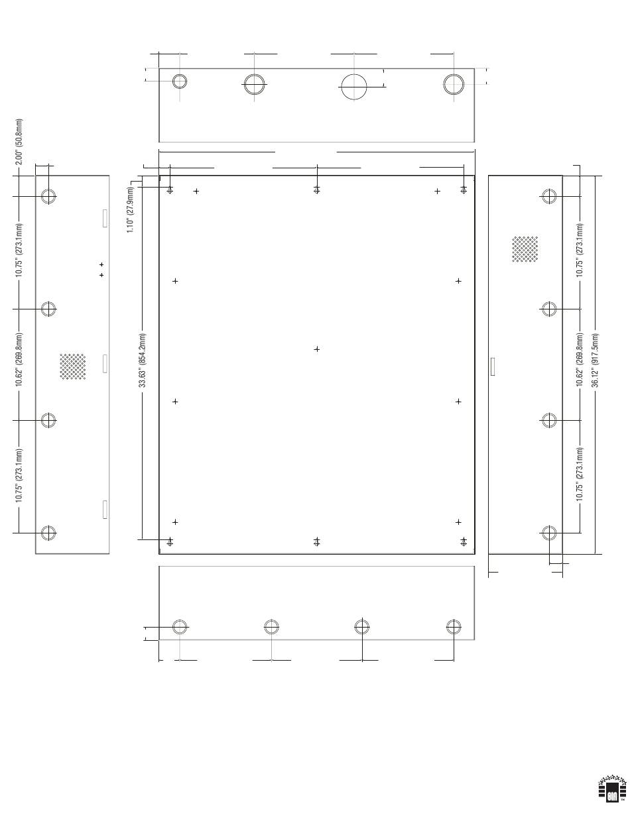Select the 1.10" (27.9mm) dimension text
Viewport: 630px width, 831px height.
(x=131, y=209)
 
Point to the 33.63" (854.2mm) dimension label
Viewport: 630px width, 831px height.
(x=143, y=360)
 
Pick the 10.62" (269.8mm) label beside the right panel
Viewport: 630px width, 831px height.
(x=579, y=360)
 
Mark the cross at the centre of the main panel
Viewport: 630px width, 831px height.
(x=317, y=349)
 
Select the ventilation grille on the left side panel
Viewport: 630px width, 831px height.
(x=73, y=366)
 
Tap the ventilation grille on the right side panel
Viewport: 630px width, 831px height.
(x=525, y=249)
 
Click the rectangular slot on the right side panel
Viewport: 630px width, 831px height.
(x=493, y=366)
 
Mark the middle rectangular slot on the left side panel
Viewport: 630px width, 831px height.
(x=105, y=364)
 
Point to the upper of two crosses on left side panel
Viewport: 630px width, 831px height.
(x=101, y=264)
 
